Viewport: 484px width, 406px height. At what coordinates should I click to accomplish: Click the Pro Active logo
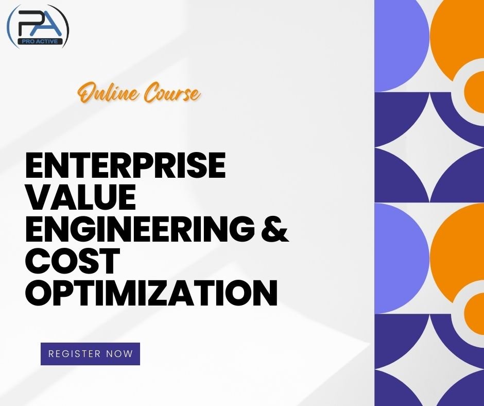38,26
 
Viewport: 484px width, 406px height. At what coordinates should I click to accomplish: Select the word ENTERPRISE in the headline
125,166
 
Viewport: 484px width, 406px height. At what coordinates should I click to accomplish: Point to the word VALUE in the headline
80,198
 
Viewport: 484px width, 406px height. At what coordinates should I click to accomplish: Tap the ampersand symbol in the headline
273,229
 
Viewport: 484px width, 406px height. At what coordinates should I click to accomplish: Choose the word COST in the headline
73,261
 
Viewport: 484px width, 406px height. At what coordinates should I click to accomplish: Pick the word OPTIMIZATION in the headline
151,293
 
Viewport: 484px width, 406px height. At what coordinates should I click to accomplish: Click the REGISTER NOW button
90,354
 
